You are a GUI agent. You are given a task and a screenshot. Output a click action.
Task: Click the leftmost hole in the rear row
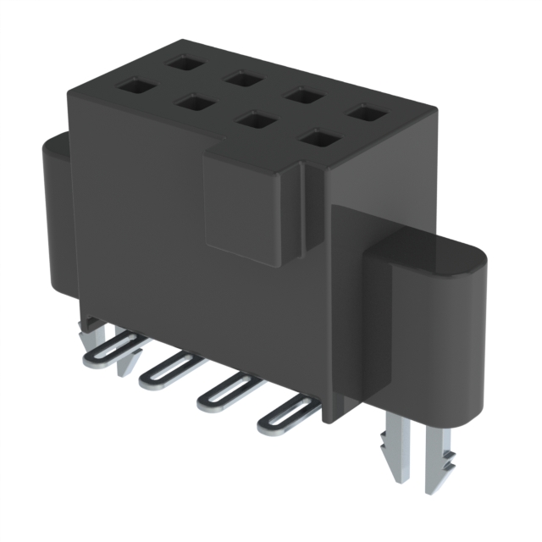tap(180, 63)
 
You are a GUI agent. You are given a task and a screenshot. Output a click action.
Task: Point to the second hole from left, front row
tap(192, 103)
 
